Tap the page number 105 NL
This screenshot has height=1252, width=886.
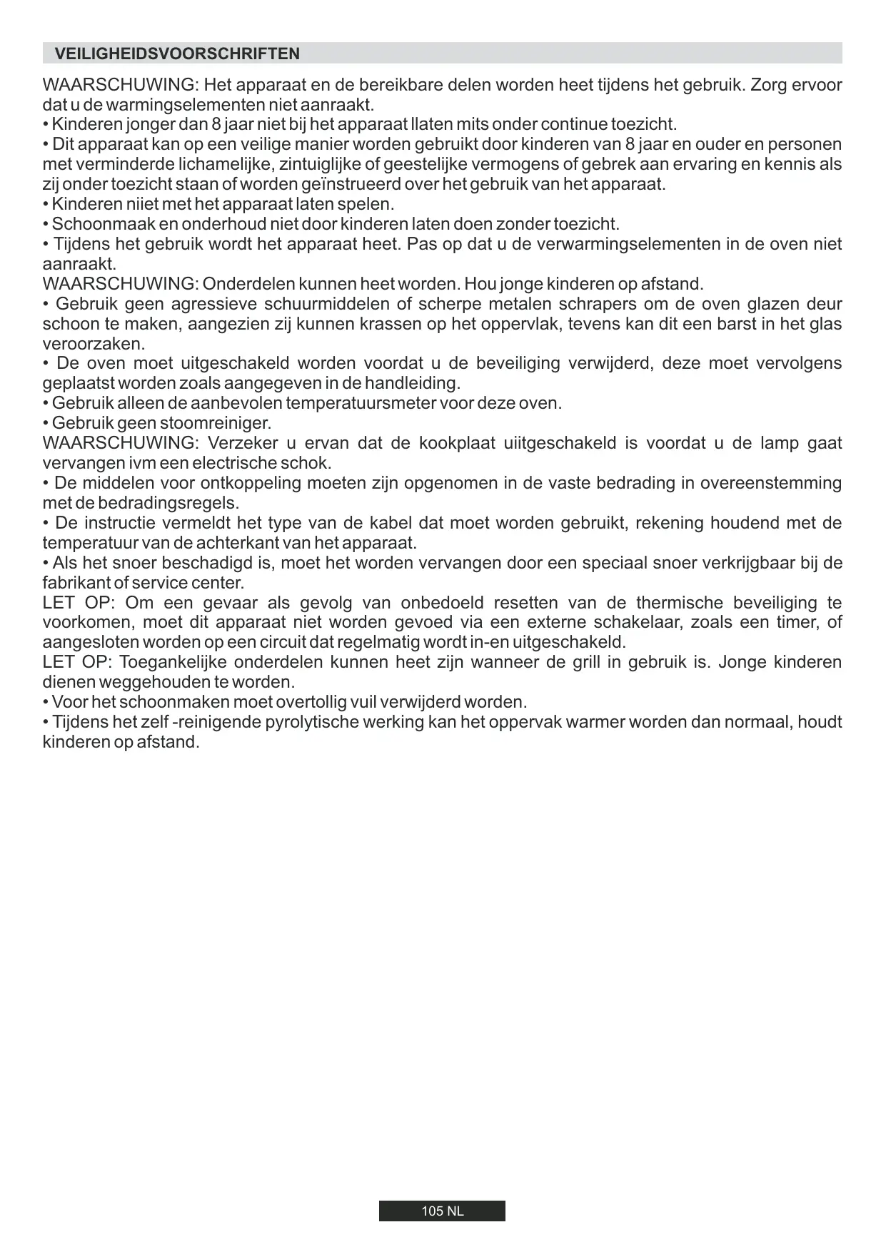click(x=442, y=1211)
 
